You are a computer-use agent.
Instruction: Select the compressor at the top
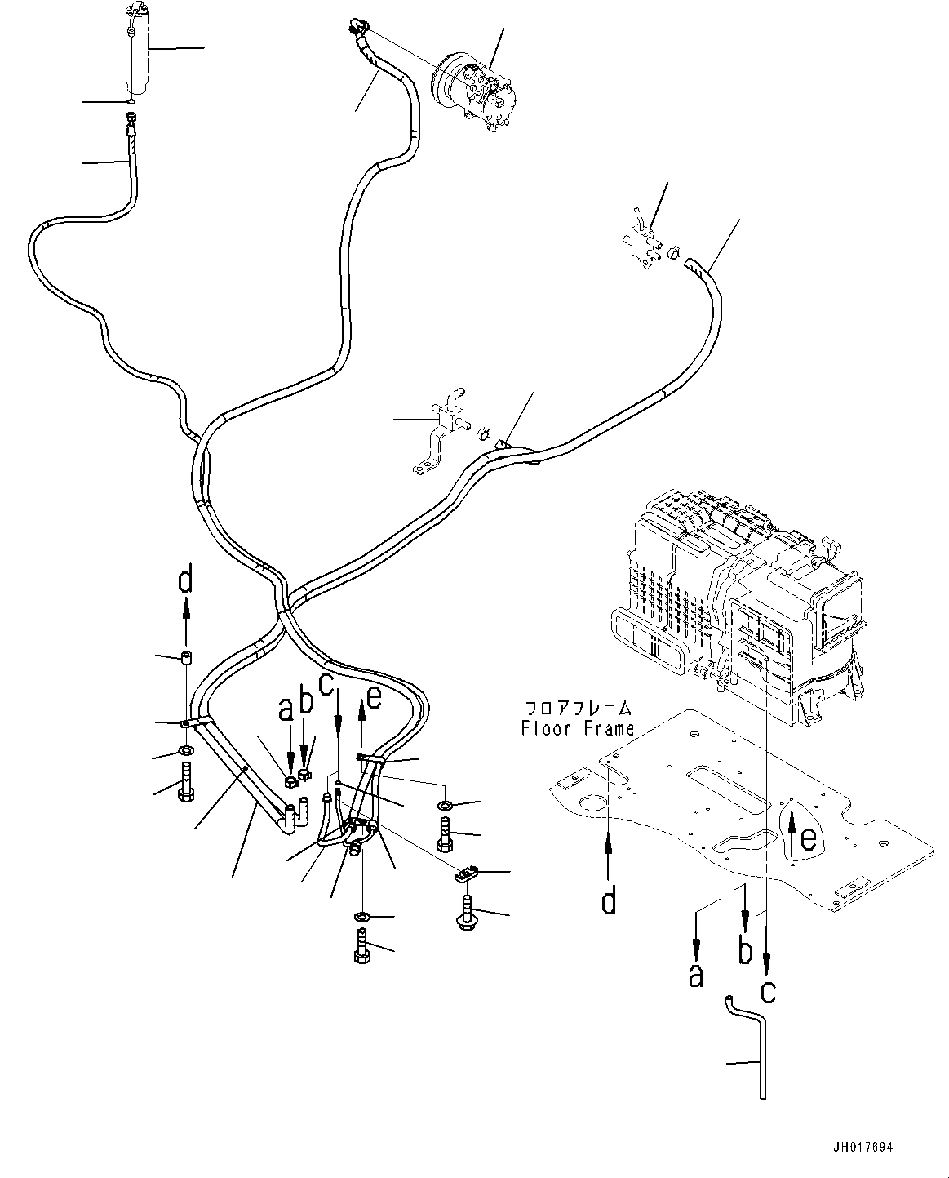tap(472, 88)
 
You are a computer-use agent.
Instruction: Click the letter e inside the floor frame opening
tap(806, 838)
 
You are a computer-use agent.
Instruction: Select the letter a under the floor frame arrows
tap(695, 974)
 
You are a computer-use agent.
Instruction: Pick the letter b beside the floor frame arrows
tap(744, 952)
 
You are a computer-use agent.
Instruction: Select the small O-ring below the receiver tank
tap(131, 101)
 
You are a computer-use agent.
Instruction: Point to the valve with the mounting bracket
tap(442, 429)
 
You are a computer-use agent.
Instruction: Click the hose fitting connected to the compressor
tap(357, 29)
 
